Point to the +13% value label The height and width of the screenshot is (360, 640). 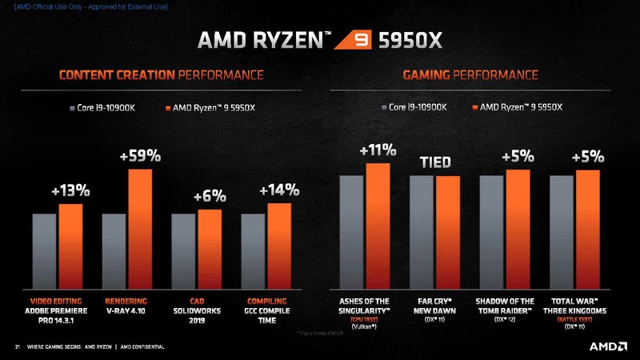click(x=70, y=192)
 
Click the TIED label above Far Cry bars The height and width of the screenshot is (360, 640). click(x=436, y=162)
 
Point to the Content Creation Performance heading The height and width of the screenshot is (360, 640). click(x=161, y=75)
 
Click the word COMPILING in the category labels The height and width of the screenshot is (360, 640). click(x=267, y=301)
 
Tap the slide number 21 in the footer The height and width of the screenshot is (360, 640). click(x=17, y=347)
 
